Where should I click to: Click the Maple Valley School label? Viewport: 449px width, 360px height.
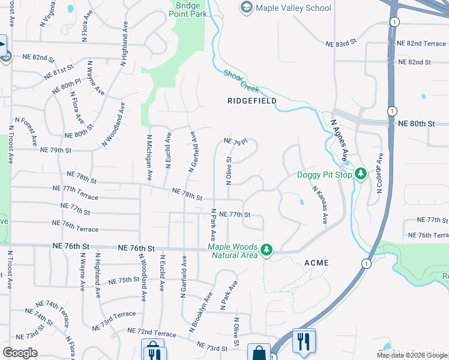(x=293, y=8)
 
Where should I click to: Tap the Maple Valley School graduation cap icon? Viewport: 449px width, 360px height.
(x=246, y=8)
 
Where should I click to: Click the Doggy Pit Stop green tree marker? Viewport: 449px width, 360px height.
(x=360, y=174)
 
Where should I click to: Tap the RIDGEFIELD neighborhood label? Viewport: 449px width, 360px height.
(x=252, y=101)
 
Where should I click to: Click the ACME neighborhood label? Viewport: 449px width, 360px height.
(x=316, y=263)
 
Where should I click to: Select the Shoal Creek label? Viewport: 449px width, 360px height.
(x=241, y=81)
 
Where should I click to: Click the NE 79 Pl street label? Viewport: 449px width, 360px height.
(x=235, y=142)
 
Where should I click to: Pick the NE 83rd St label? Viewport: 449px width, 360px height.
(x=341, y=44)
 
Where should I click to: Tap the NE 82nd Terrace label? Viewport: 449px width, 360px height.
(x=422, y=44)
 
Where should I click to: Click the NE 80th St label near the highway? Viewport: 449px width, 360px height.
(x=416, y=124)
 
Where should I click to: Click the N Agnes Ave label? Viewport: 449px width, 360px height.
(x=340, y=138)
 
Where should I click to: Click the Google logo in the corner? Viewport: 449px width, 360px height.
(x=19, y=353)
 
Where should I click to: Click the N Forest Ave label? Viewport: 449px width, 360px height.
(x=29, y=131)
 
